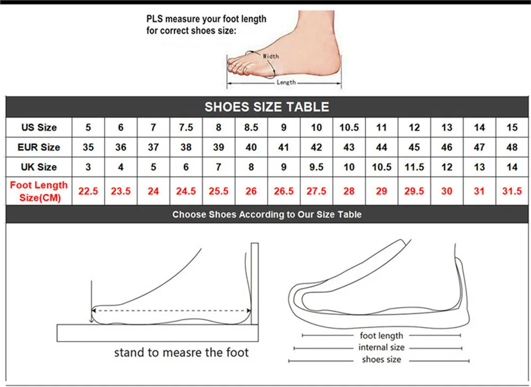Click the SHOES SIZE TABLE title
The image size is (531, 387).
click(x=267, y=107)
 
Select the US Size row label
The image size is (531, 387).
click(x=39, y=127)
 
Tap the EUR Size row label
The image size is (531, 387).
click(x=39, y=147)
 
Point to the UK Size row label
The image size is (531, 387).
click(x=39, y=166)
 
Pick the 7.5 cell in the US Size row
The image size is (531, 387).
click(x=186, y=127)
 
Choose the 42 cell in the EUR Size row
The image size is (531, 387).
click(x=316, y=147)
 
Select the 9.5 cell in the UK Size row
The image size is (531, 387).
click(x=316, y=166)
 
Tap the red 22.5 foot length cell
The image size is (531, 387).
click(x=88, y=191)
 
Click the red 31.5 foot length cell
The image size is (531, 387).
click(x=512, y=191)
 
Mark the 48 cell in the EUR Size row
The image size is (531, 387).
click(x=512, y=147)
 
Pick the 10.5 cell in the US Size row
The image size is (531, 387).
click(x=349, y=127)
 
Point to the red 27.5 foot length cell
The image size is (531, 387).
click(x=316, y=191)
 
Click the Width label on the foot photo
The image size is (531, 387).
click(x=270, y=56)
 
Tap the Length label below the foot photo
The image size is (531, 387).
click(x=286, y=82)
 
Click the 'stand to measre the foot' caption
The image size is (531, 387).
click(x=181, y=352)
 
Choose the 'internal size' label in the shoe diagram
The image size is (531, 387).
click(x=381, y=347)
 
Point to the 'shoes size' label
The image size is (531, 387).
click(x=381, y=359)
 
